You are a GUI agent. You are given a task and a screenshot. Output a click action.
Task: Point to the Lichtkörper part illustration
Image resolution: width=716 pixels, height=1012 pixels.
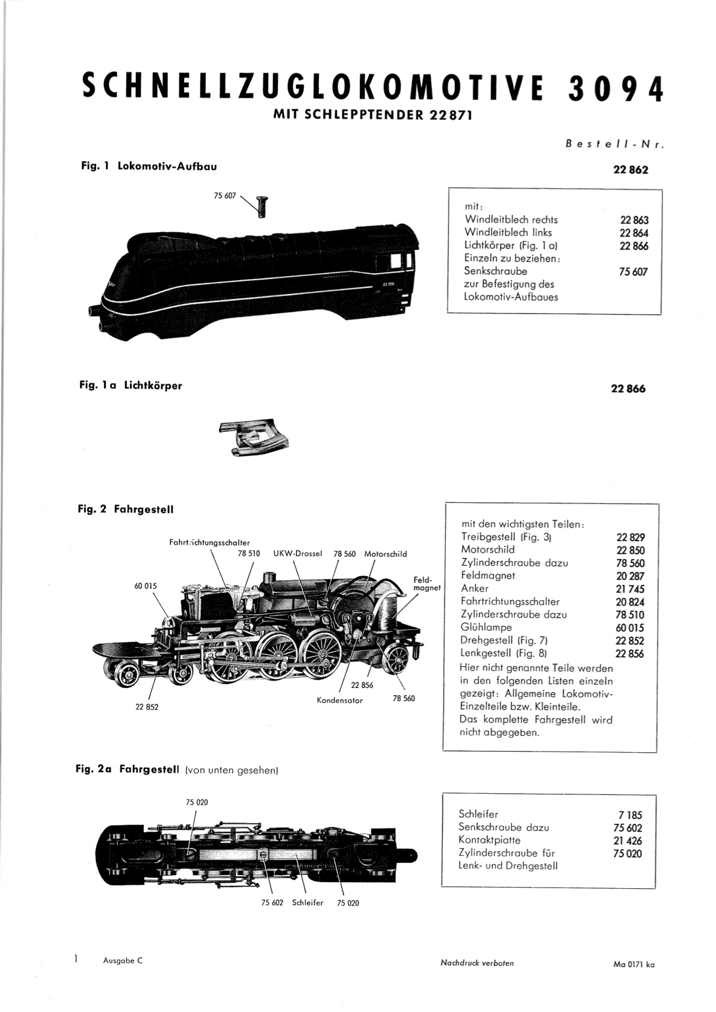[254, 438]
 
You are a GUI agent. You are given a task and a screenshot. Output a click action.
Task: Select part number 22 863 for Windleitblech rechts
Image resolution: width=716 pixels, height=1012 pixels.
[634, 220]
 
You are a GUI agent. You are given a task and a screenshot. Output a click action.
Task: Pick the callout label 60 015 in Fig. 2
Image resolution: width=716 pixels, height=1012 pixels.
[145, 586]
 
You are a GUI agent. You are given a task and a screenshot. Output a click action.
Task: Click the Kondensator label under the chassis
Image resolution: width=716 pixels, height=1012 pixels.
[339, 701]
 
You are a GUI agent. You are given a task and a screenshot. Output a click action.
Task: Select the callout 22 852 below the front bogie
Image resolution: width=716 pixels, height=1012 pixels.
[147, 707]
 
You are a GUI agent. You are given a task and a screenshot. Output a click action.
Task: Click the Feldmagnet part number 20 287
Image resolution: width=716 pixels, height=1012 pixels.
[630, 576]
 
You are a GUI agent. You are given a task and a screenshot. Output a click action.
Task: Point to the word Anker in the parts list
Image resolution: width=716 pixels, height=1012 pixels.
[475, 588]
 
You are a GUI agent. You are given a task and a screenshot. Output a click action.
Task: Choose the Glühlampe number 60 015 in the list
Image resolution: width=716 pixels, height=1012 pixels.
[630, 628]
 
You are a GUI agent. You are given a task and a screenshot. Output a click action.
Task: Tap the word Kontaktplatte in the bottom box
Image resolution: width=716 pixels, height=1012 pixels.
[489, 840]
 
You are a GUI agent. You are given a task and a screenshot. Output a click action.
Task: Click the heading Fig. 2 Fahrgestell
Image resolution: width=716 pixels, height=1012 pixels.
[125, 509]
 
